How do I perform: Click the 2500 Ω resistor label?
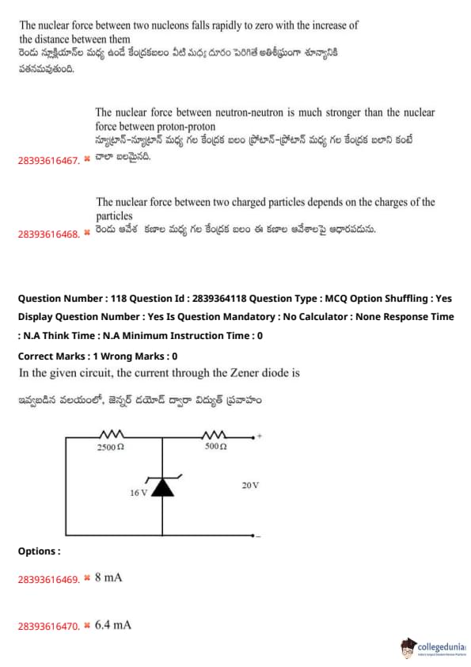pyautogui.click(x=111, y=447)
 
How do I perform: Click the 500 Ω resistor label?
pyautogui.click(x=215, y=446)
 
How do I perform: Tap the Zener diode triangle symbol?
pyautogui.click(x=163, y=487)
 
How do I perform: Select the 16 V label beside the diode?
pyautogui.click(x=139, y=493)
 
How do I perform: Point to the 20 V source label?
pyautogui.click(x=250, y=486)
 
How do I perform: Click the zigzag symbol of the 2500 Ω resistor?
pyautogui.click(x=112, y=434)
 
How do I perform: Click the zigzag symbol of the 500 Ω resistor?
pyautogui.click(x=214, y=434)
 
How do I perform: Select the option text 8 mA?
pyautogui.click(x=108, y=577)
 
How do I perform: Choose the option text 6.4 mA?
pyautogui.click(x=112, y=625)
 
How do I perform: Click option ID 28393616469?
pyautogui.click(x=49, y=579)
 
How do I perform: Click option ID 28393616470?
pyautogui.click(x=49, y=626)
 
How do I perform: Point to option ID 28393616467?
pyautogui.click(x=49, y=160)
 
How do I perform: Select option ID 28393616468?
pyautogui.click(x=49, y=234)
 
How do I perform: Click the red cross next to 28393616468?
pyautogui.click(x=87, y=232)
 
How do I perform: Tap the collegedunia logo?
pyautogui.click(x=433, y=648)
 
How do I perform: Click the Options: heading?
pyautogui.click(x=39, y=551)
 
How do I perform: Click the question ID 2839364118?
pyautogui.click(x=219, y=299)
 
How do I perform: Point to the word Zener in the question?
pyautogui.click(x=245, y=372)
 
